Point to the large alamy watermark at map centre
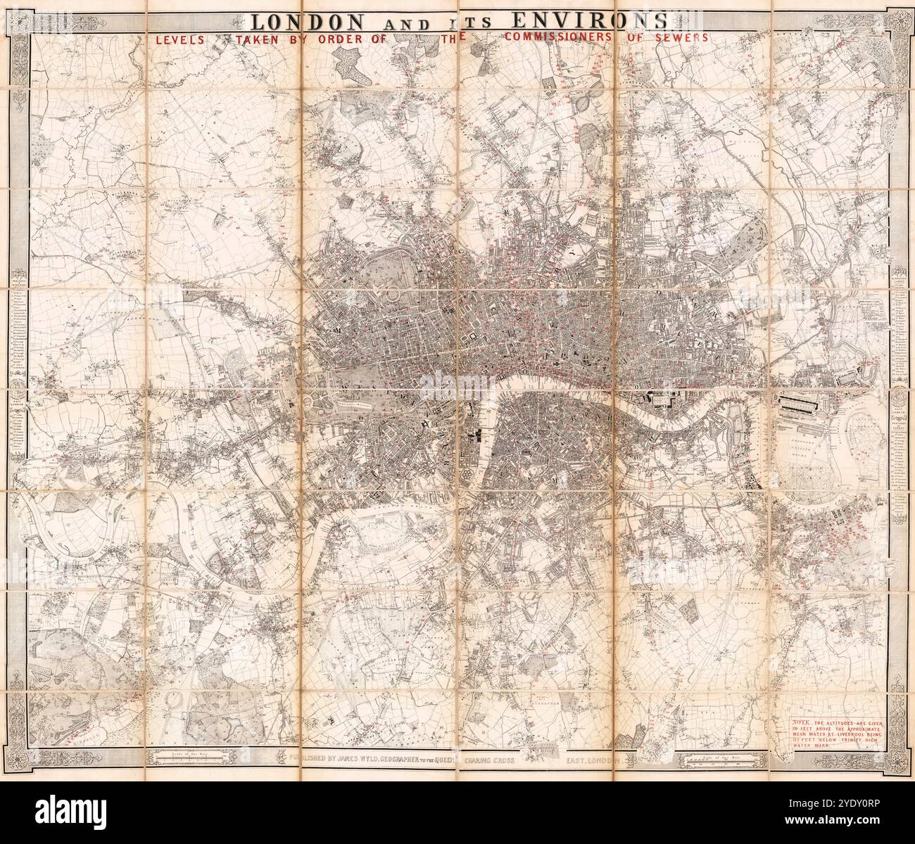(x=458, y=382)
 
